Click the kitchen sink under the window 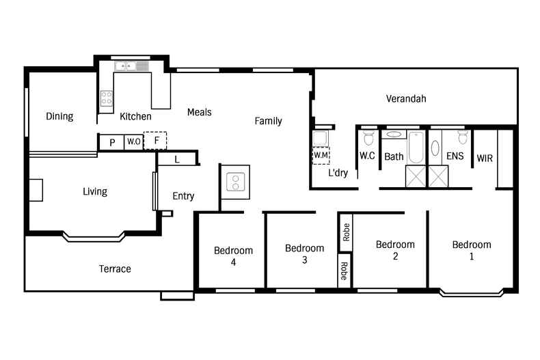pos(128,66)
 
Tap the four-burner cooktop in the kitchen pos(107,98)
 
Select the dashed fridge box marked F pos(157,141)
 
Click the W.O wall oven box pos(133,142)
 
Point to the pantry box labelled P pos(111,142)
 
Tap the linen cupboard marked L pos(177,159)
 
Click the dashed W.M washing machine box pos(321,155)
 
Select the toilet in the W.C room pos(368,139)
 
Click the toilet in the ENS pos(462,139)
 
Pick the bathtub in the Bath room pos(416,146)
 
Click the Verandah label pos(406,99)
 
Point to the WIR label pos(484,158)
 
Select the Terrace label pos(115,269)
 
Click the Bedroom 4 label pos(233,255)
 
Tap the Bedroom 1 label pos(471,251)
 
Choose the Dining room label pos(59,117)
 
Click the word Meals pos(200,112)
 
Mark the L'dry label pos(338,173)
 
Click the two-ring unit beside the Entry pos(235,181)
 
